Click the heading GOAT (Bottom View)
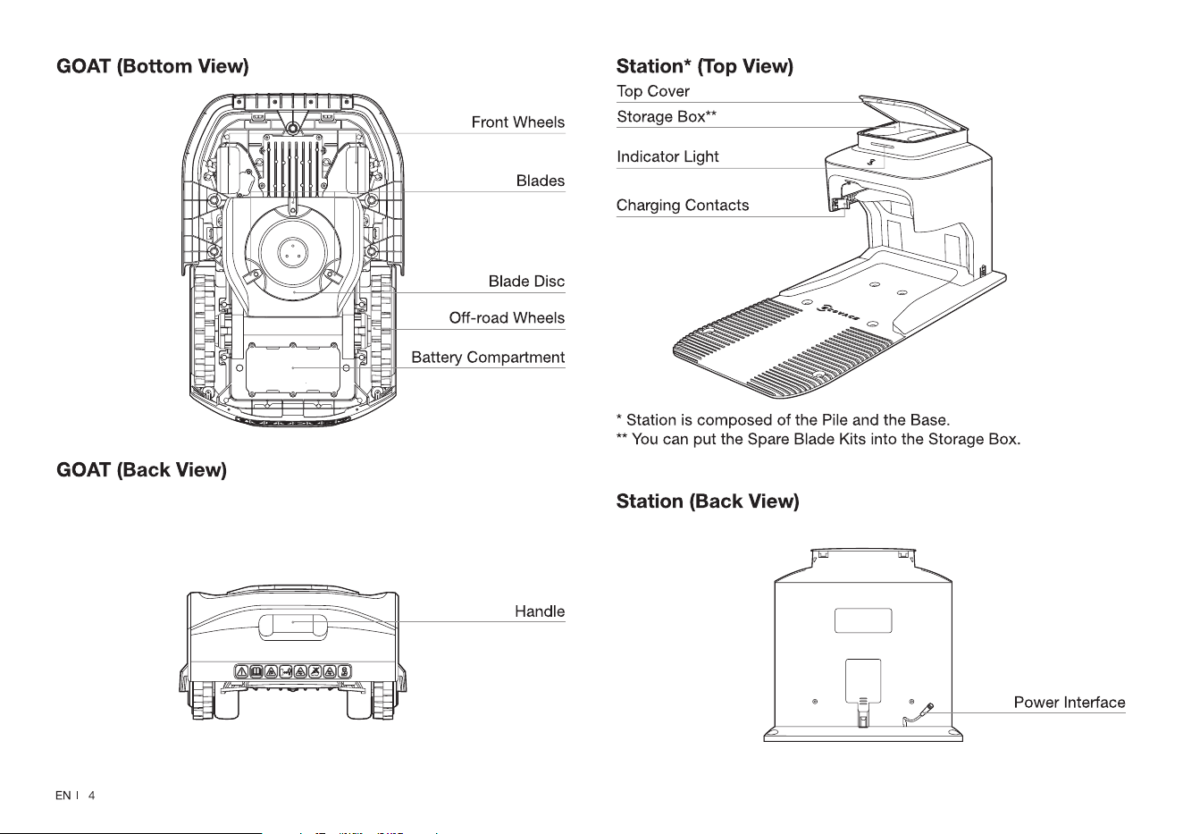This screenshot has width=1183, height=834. point(153,66)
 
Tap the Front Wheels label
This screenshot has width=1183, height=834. point(518,122)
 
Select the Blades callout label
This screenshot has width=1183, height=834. point(541,181)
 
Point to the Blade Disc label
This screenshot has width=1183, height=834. point(526,282)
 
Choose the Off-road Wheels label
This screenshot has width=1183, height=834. point(507,317)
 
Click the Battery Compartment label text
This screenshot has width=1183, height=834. point(488,358)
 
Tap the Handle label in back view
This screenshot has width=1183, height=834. point(540,611)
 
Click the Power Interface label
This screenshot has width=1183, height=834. point(1070,703)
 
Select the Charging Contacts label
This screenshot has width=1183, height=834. point(683,205)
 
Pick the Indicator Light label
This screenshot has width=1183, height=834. point(667,156)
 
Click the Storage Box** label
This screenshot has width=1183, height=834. point(667,116)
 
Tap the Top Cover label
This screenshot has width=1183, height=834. point(653,91)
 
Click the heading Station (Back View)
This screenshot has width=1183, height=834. point(708,501)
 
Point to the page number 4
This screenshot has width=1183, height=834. point(91,796)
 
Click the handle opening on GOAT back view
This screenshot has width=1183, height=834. point(292,626)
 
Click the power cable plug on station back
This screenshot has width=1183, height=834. point(929,708)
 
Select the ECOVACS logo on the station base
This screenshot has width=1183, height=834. point(838,312)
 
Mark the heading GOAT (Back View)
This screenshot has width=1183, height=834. point(141,470)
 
